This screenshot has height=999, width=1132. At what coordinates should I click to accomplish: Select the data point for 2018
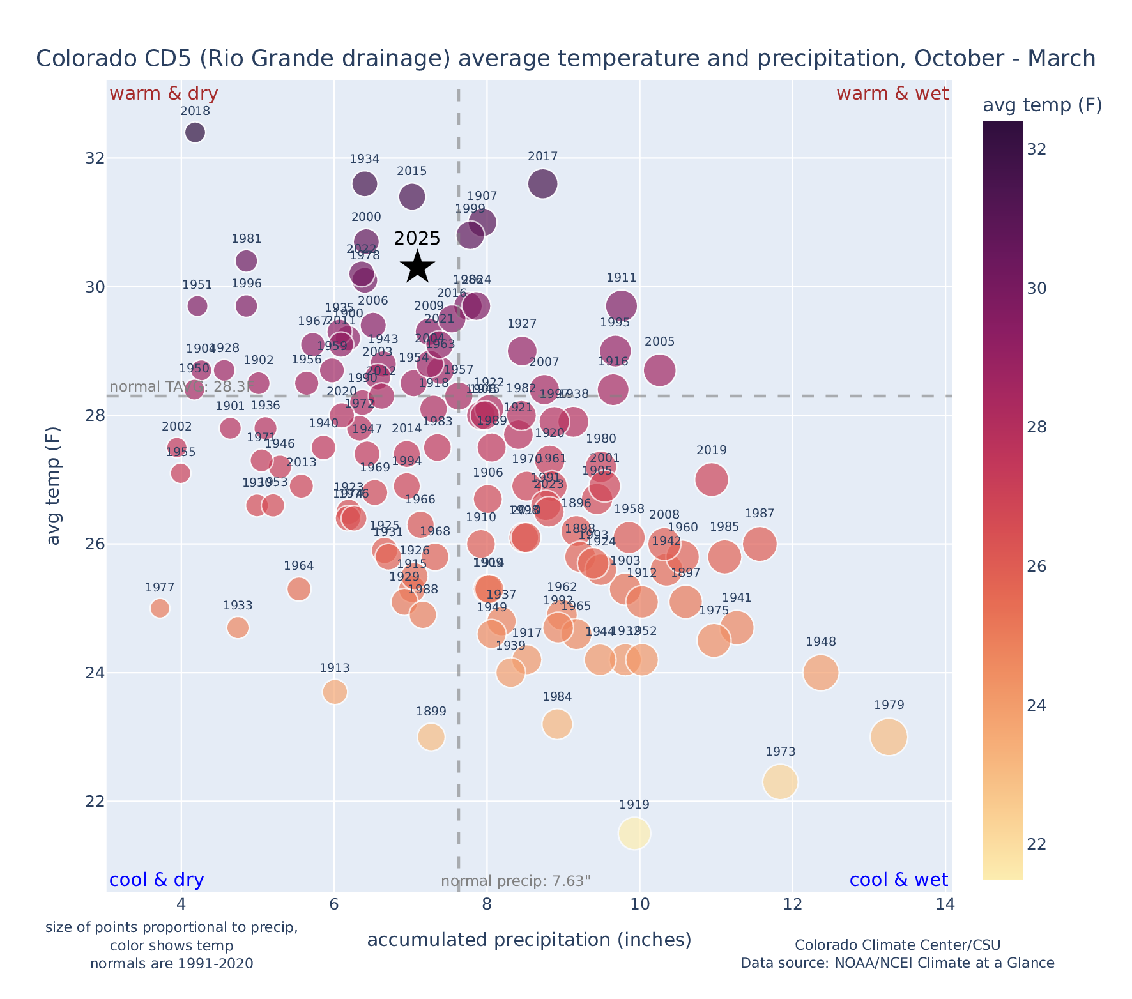[195, 132]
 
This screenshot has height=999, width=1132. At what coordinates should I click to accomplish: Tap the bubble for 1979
[889, 736]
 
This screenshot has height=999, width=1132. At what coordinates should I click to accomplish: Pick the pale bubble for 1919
[634, 833]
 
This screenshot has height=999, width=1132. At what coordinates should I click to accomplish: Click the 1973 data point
[780, 782]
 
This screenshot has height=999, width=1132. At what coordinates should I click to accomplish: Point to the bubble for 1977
[160, 608]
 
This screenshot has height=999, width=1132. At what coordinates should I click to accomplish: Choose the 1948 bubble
[821, 673]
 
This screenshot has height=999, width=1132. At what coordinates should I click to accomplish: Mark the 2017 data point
[542, 184]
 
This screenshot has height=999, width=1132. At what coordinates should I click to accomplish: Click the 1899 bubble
[431, 736]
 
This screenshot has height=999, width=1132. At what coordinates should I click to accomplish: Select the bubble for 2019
[712, 479]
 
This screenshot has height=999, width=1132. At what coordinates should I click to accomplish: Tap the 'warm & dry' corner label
[164, 94]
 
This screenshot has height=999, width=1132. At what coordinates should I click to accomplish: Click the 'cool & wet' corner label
[898, 880]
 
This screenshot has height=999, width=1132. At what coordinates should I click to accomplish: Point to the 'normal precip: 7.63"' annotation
[516, 882]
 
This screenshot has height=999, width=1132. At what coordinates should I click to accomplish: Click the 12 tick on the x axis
[792, 904]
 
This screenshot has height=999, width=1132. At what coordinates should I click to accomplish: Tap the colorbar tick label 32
[1036, 149]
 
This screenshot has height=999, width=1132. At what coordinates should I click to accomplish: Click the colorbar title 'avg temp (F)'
[1042, 105]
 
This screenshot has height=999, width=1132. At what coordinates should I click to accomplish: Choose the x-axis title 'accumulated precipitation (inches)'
[529, 940]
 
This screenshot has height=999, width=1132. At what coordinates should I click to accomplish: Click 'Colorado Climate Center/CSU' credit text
[897, 945]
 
